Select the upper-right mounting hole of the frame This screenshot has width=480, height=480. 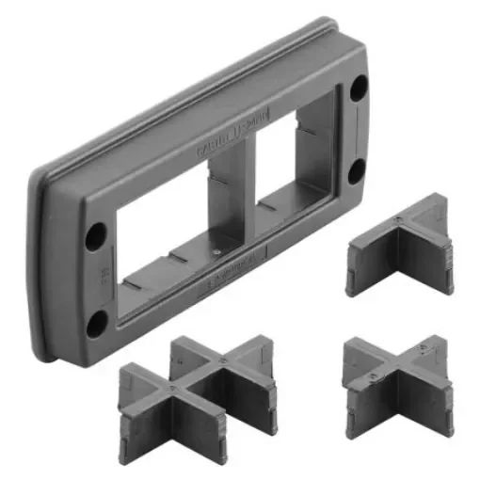359,91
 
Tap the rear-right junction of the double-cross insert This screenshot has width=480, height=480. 224,360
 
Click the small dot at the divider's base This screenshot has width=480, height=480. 217,251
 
